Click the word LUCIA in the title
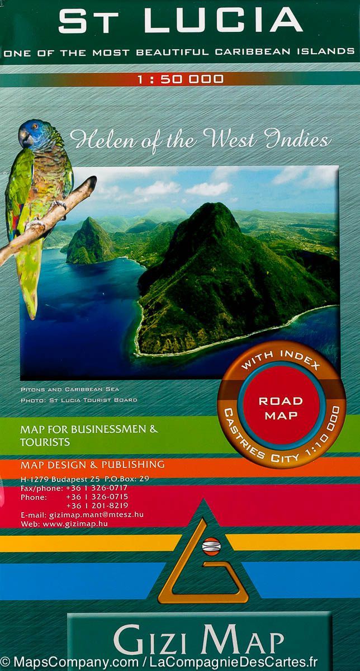(224, 21)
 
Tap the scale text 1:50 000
(181, 79)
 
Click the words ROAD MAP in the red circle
(281, 408)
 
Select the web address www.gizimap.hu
(75, 524)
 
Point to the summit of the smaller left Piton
(89, 220)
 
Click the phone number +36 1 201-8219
(97, 505)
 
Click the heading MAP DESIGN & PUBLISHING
(92, 464)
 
